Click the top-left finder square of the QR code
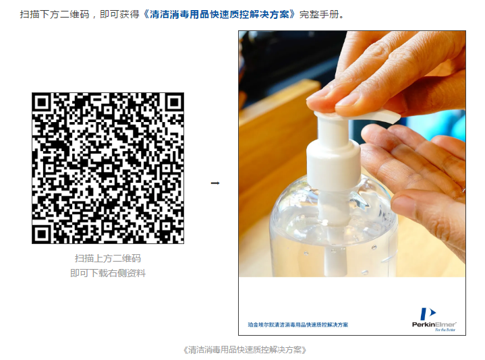click(41, 102)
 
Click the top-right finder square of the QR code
click(174, 102)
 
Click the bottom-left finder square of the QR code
click(41, 234)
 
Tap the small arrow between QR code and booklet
click(215, 183)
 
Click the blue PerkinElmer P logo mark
click(428, 313)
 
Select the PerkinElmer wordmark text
click(434, 324)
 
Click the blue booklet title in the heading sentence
click(219, 15)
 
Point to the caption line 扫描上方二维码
click(108, 258)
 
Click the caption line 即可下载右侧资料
click(108, 273)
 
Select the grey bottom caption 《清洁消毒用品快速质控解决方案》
click(245, 350)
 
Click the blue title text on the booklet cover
click(298, 324)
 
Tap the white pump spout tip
click(393, 118)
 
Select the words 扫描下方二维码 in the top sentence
click(55, 15)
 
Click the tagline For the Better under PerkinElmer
click(445, 330)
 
